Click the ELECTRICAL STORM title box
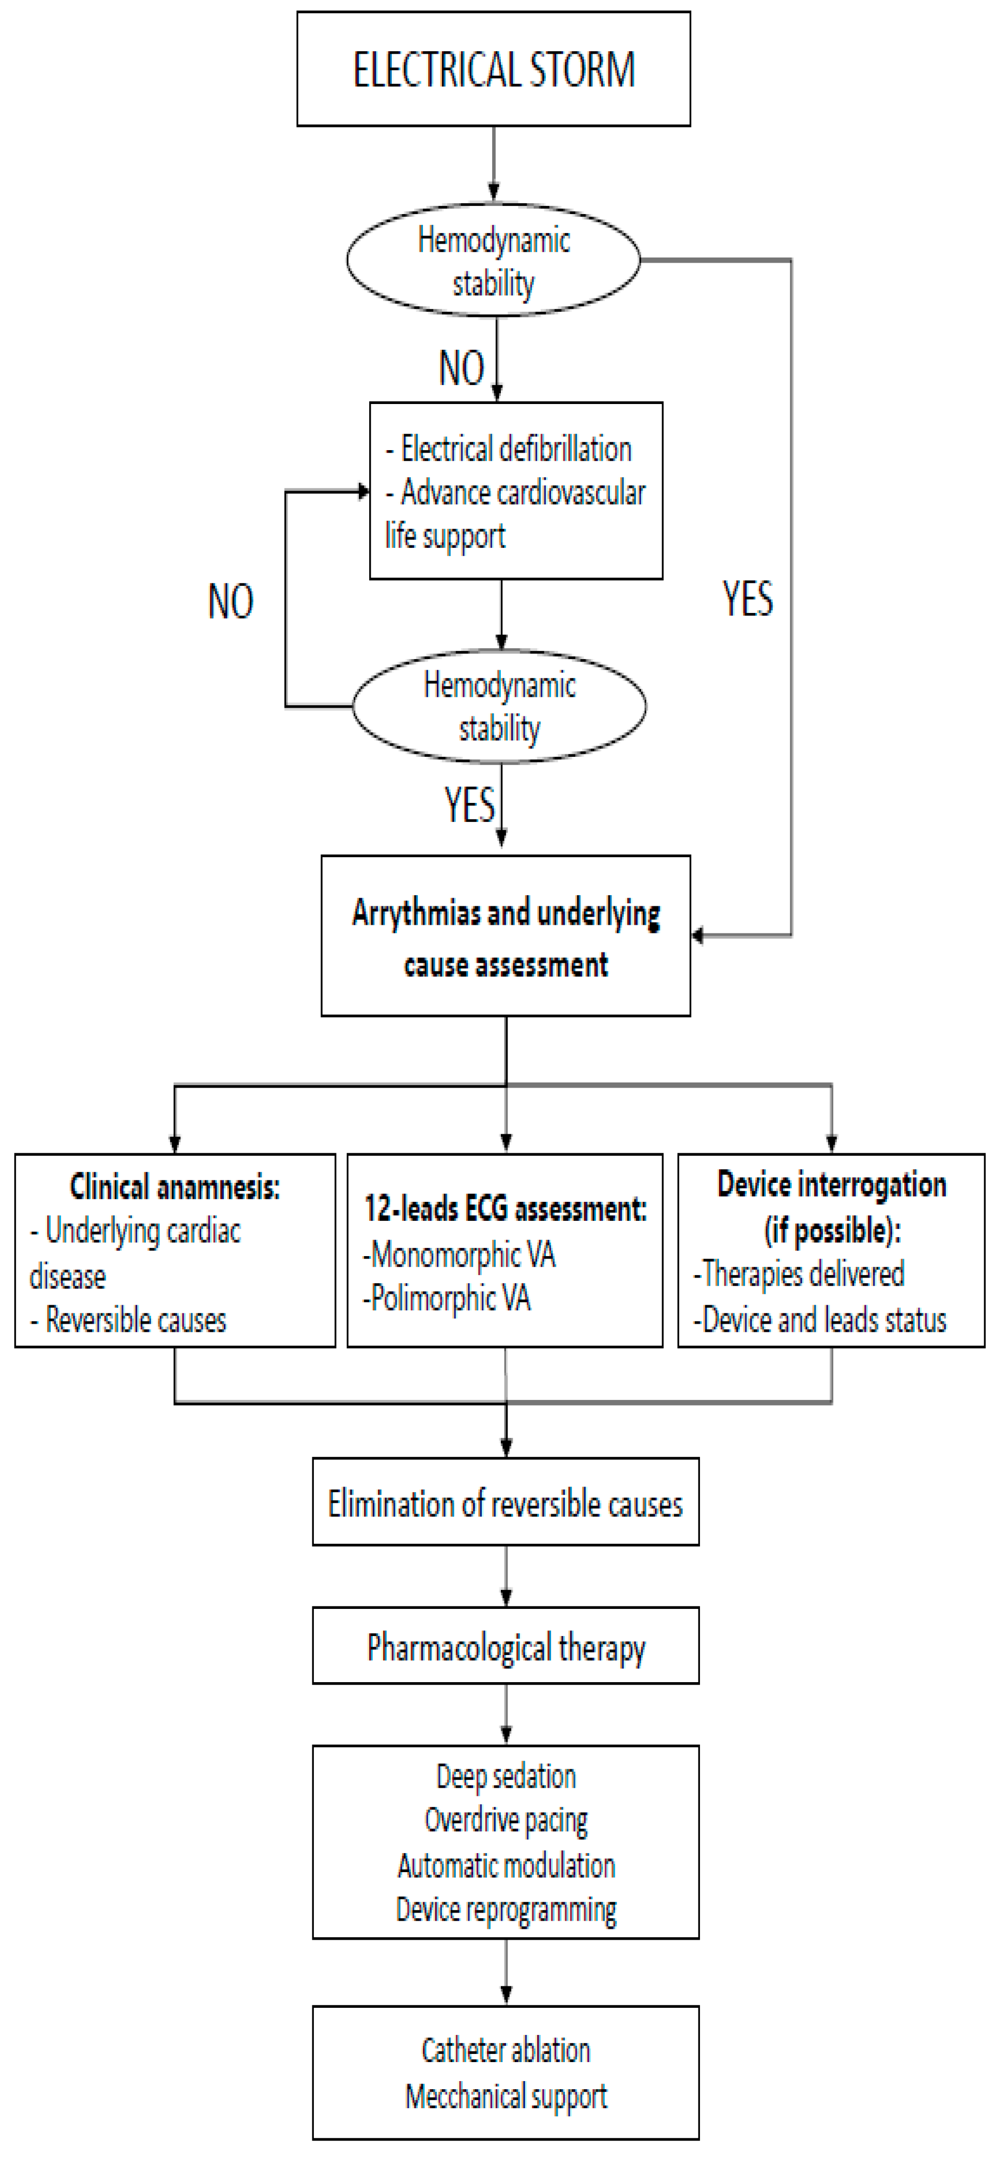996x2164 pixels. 493,69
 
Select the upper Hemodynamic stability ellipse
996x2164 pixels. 493,261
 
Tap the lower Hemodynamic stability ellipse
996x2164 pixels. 499,707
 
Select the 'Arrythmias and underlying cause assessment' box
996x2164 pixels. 505,936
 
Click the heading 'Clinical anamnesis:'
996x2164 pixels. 175,1186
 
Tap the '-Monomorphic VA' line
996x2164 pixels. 459,1255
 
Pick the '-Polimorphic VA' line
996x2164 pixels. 447,1299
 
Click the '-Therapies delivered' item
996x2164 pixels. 799,1274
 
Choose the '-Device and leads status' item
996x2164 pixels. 820,1319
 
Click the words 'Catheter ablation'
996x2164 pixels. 505,2051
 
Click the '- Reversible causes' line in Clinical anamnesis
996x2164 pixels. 129,1320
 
